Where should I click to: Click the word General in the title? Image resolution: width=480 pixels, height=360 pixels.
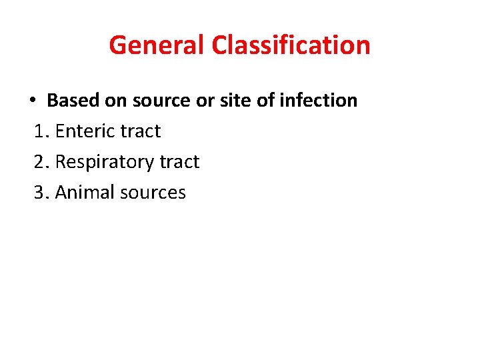157,45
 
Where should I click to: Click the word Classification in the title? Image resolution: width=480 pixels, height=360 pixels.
291,45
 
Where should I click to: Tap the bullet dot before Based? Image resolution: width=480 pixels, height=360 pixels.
32,101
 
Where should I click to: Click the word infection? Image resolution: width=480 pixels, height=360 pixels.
318,101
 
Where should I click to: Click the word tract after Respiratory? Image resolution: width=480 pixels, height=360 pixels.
179,162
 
